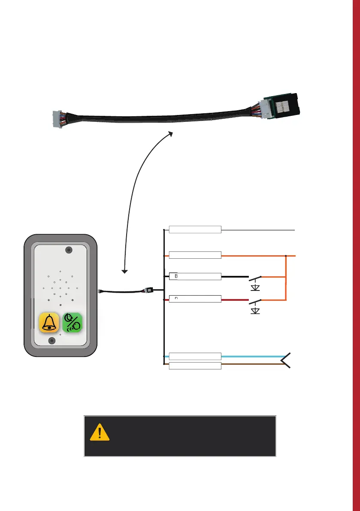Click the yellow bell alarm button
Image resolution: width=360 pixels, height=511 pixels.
(49, 323)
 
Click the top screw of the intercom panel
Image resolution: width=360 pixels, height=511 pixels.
(68, 250)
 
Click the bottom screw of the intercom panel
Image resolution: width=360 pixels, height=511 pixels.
(52, 341)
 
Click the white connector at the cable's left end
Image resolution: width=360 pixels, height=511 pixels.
(56, 118)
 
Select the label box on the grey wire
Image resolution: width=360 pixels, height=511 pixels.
(195, 230)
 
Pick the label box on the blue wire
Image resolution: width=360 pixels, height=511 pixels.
(195, 356)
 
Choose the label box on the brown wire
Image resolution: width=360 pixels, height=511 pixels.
(195, 366)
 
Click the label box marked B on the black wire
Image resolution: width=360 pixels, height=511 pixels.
(195, 276)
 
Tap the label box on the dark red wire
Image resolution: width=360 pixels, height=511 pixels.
(195, 299)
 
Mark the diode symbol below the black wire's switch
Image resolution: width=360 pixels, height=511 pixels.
(255, 286)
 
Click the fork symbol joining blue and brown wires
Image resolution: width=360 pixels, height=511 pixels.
(287, 361)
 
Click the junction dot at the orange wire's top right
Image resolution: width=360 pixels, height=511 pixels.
(286, 256)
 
